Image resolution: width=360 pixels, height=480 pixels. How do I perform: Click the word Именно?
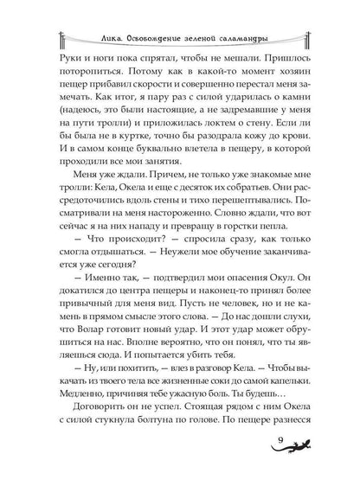pos(100,295)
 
